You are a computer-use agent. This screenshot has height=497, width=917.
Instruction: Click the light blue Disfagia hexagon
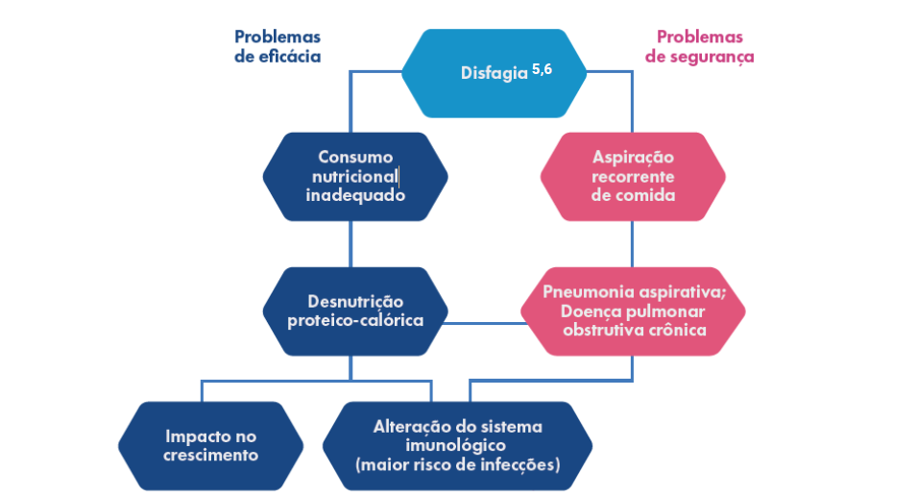pos(494,73)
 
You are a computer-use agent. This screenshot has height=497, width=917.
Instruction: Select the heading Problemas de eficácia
pos(277,46)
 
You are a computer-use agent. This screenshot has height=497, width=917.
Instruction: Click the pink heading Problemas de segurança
pos(699,46)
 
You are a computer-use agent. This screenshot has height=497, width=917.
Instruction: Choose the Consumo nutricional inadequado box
pos(355,176)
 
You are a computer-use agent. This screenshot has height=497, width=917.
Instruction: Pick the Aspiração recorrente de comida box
pos(633,176)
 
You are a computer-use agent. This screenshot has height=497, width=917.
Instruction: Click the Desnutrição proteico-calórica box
pos(355,311)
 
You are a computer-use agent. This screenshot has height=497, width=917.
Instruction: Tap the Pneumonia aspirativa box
pos(633,311)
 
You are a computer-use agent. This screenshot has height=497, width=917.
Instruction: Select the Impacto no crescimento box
pos(210,445)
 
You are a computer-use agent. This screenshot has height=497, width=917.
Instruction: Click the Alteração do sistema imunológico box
pos(457,445)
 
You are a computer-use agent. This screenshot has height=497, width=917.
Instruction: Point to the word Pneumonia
pos(585,292)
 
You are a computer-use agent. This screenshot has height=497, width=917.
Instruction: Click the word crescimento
pos(210,455)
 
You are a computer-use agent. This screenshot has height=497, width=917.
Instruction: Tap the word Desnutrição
pos(355,301)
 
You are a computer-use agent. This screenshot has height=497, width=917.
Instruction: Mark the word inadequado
pos(355,195)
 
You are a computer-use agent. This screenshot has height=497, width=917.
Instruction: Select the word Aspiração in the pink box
pos(633,158)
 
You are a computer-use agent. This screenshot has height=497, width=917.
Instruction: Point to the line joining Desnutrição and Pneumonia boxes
pos(485,323)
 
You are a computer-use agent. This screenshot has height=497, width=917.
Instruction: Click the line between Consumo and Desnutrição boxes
pos(350,244)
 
